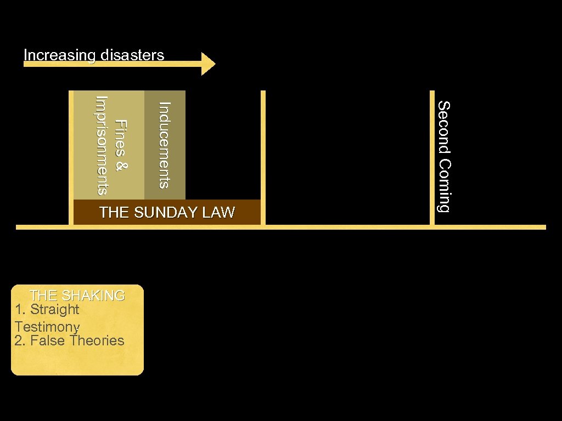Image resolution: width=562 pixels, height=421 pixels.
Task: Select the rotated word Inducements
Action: click(x=164, y=145)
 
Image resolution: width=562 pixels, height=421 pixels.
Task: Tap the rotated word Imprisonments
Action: click(x=102, y=145)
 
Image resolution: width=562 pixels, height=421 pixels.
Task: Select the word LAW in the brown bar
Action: click(x=219, y=213)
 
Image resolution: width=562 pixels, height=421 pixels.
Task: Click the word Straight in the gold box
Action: click(x=55, y=310)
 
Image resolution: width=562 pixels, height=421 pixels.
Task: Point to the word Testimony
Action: click(x=48, y=327)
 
